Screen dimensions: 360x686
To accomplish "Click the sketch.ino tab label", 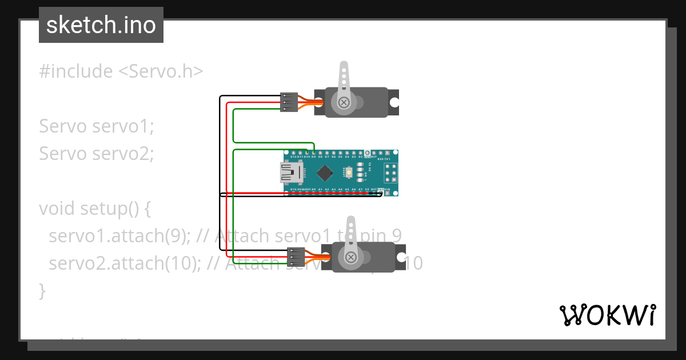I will [101, 25].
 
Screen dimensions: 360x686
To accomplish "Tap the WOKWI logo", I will [607, 315].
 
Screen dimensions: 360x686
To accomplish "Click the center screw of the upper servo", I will [344, 102].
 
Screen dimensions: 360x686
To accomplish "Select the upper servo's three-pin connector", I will [289, 102].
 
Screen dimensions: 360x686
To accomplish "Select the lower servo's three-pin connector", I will [296, 257].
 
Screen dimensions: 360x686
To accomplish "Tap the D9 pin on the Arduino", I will [313, 153].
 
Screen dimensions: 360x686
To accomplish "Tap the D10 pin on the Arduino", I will [306, 153].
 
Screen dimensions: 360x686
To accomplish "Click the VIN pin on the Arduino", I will [388, 193].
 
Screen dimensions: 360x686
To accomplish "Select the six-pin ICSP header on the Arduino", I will [390, 173].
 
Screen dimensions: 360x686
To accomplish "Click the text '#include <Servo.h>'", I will [121, 71].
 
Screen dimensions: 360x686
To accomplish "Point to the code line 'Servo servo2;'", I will [97, 154].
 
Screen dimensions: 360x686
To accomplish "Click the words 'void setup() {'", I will [95, 209].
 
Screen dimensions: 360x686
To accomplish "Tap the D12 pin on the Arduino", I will [293, 153].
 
